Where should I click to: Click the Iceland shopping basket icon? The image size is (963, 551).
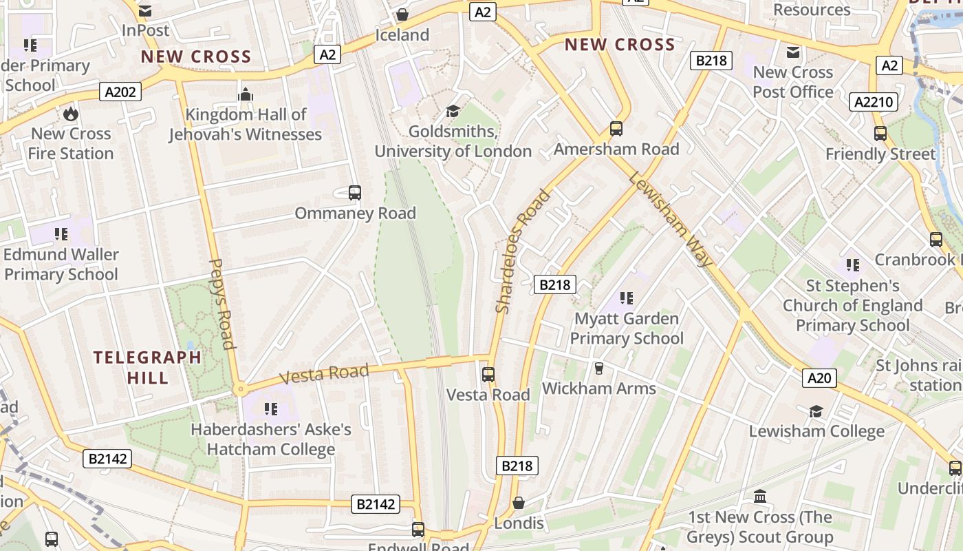(x=402, y=14)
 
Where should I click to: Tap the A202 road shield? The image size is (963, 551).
(x=120, y=92)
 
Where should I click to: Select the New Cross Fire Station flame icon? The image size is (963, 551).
(x=71, y=114)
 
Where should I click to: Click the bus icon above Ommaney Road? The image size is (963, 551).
(x=355, y=193)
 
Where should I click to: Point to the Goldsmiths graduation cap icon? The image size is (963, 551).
(x=453, y=111)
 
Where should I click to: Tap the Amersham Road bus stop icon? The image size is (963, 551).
(x=616, y=129)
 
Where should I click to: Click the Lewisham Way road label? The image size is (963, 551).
(x=671, y=219)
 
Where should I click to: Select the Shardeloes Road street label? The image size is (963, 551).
(x=523, y=251)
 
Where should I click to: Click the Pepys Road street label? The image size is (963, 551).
(x=222, y=304)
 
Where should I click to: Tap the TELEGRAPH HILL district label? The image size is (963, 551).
(x=147, y=367)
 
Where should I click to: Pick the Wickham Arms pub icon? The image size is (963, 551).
(x=598, y=368)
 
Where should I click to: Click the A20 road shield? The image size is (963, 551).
(x=819, y=377)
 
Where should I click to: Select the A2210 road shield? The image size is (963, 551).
(x=874, y=102)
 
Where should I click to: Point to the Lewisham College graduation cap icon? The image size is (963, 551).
(x=816, y=411)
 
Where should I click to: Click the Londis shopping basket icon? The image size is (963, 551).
(x=519, y=503)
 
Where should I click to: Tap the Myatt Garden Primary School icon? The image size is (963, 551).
(x=626, y=298)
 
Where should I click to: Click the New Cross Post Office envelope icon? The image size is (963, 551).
(x=793, y=52)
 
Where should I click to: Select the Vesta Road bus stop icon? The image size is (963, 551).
(x=488, y=375)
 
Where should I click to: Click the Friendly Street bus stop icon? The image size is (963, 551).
(x=880, y=134)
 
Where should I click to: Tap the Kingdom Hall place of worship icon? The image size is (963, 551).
(x=246, y=94)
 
